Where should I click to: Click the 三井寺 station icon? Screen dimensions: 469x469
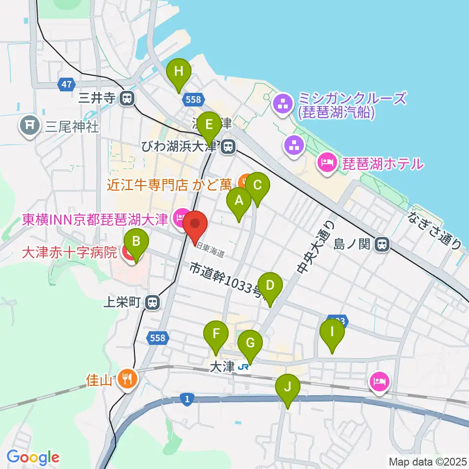(x=127, y=98)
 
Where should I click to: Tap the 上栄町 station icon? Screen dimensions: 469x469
(x=153, y=302)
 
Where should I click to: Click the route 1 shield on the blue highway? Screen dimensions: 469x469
(x=187, y=399)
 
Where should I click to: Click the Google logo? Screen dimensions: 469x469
(x=33, y=458)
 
